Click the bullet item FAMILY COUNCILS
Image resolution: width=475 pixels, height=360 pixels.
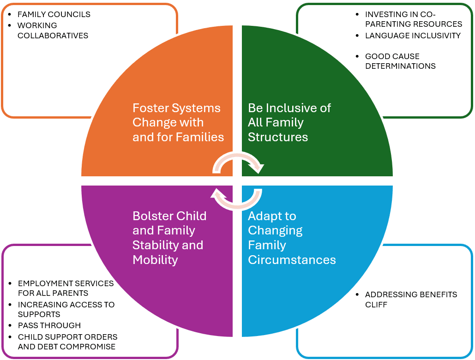pos(54,14)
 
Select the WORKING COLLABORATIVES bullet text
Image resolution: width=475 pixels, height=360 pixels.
pos(53,30)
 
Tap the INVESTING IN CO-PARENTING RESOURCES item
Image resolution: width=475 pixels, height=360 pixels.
pos(413,19)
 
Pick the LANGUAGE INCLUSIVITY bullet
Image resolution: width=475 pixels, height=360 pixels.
pos(413,36)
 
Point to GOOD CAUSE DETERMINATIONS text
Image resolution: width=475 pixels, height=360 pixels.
pos(400,61)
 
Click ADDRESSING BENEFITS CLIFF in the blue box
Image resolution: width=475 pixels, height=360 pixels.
pos(411,300)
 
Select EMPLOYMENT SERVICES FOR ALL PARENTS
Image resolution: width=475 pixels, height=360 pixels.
pos(66,288)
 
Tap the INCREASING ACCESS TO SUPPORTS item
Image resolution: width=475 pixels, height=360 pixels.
pos(66,309)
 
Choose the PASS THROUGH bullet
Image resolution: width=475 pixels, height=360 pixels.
pos(49,325)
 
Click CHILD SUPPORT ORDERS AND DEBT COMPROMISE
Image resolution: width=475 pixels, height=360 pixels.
pos(67,342)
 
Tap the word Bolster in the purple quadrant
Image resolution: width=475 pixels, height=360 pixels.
pos(151,216)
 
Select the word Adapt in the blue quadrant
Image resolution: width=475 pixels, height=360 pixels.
pos(265,216)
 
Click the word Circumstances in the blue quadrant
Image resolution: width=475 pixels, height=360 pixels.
pos(292,260)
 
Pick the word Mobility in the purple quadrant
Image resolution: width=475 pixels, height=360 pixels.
pos(155,260)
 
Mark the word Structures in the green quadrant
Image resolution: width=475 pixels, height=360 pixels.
pos(278,137)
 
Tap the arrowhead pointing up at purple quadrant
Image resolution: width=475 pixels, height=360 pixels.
pos(217,192)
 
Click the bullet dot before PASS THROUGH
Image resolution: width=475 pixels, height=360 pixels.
pos(10,325)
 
